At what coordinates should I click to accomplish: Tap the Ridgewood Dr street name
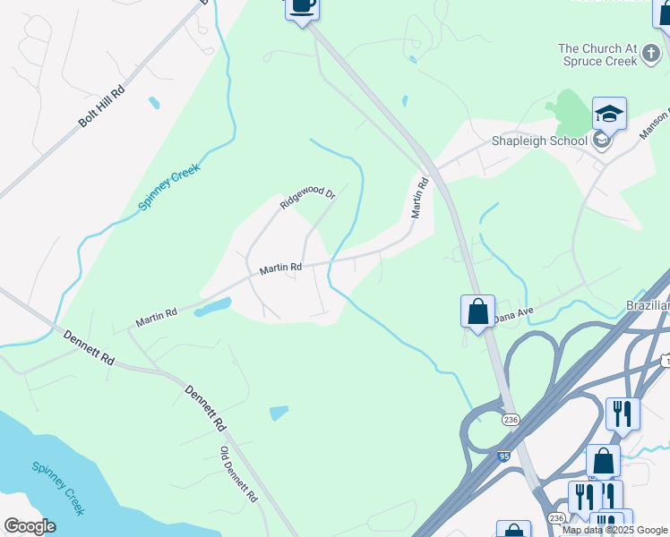click(x=307, y=198)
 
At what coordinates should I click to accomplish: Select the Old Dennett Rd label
click(x=239, y=473)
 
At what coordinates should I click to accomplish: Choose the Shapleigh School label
click(x=539, y=141)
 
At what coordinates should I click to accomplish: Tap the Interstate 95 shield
click(x=504, y=456)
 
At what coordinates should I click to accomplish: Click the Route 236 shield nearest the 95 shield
click(x=510, y=420)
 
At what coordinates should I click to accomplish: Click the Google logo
click(x=30, y=526)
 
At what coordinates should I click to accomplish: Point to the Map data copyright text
click(x=614, y=530)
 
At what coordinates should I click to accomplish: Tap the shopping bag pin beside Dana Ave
click(x=477, y=312)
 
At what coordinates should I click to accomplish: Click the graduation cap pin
click(x=609, y=115)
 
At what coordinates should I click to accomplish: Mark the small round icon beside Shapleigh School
click(x=601, y=141)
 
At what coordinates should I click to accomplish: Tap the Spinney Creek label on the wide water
click(x=58, y=488)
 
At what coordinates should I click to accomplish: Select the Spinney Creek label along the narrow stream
click(x=168, y=187)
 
